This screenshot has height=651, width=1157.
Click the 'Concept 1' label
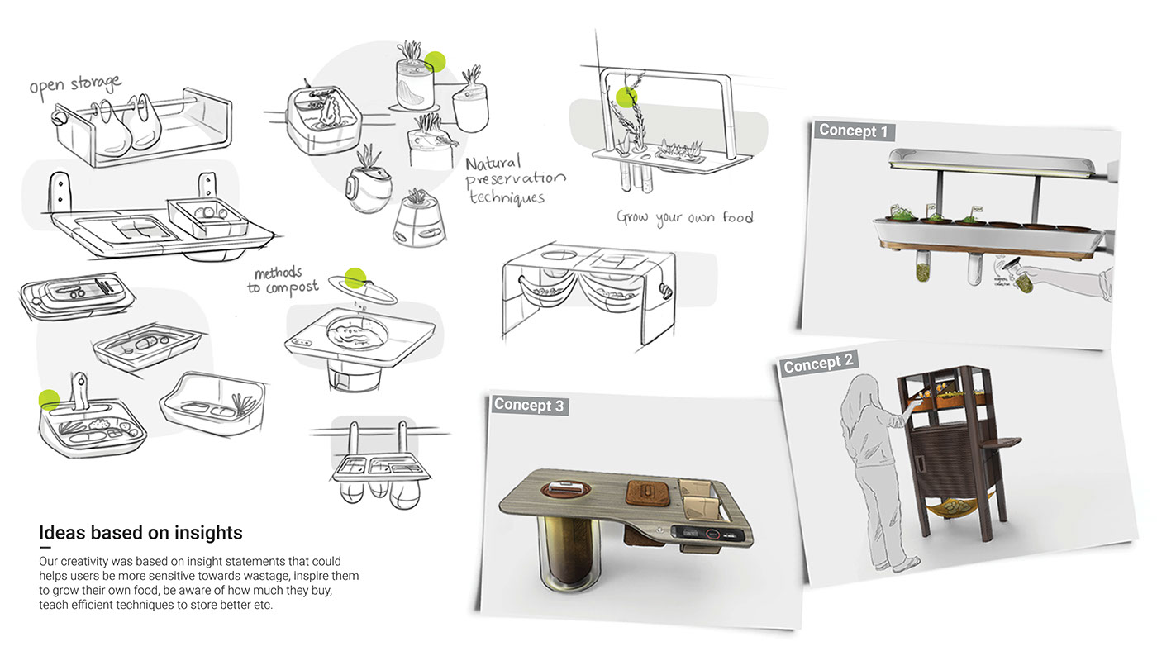point(855,131)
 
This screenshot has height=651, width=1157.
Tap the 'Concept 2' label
point(819,364)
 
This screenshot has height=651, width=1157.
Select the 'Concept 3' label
point(529,405)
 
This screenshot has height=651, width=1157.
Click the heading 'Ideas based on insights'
point(140,532)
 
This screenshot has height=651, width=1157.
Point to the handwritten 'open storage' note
point(75,87)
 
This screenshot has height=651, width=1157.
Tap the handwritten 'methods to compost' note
point(278,280)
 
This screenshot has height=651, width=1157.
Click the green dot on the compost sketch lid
point(355,278)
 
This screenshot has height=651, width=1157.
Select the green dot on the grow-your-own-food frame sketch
point(627,97)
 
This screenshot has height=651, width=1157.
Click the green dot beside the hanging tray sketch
point(50,400)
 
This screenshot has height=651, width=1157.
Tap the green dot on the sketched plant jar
point(435,61)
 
